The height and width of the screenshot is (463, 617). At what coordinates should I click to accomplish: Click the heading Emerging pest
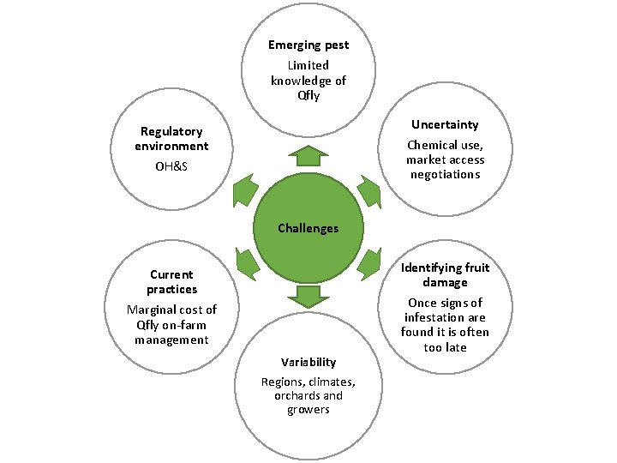click(308, 45)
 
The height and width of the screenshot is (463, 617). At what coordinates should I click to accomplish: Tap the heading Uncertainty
click(445, 125)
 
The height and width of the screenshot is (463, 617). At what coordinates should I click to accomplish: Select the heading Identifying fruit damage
click(445, 275)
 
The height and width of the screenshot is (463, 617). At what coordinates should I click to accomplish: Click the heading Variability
click(308, 362)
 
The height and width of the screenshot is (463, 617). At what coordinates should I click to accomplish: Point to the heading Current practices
click(171, 282)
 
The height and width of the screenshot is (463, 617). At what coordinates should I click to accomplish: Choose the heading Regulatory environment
click(171, 139)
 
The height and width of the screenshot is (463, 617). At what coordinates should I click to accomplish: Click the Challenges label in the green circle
click(308, 228)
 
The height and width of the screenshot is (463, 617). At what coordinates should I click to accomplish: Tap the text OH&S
click(171, 165)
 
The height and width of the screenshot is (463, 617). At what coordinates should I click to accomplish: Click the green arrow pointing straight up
click(308, 156)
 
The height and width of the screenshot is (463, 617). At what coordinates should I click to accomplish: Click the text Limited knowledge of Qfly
click(308, 81)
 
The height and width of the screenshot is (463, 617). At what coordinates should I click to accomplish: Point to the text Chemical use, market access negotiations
click(445, 159)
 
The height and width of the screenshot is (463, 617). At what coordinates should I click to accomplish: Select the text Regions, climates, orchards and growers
click(308, 395)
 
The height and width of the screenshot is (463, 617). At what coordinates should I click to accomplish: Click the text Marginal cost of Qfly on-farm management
click(171, 325)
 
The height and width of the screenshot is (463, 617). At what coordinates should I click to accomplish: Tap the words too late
click(445, 348)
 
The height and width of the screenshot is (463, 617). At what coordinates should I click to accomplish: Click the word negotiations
click(445, 174)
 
